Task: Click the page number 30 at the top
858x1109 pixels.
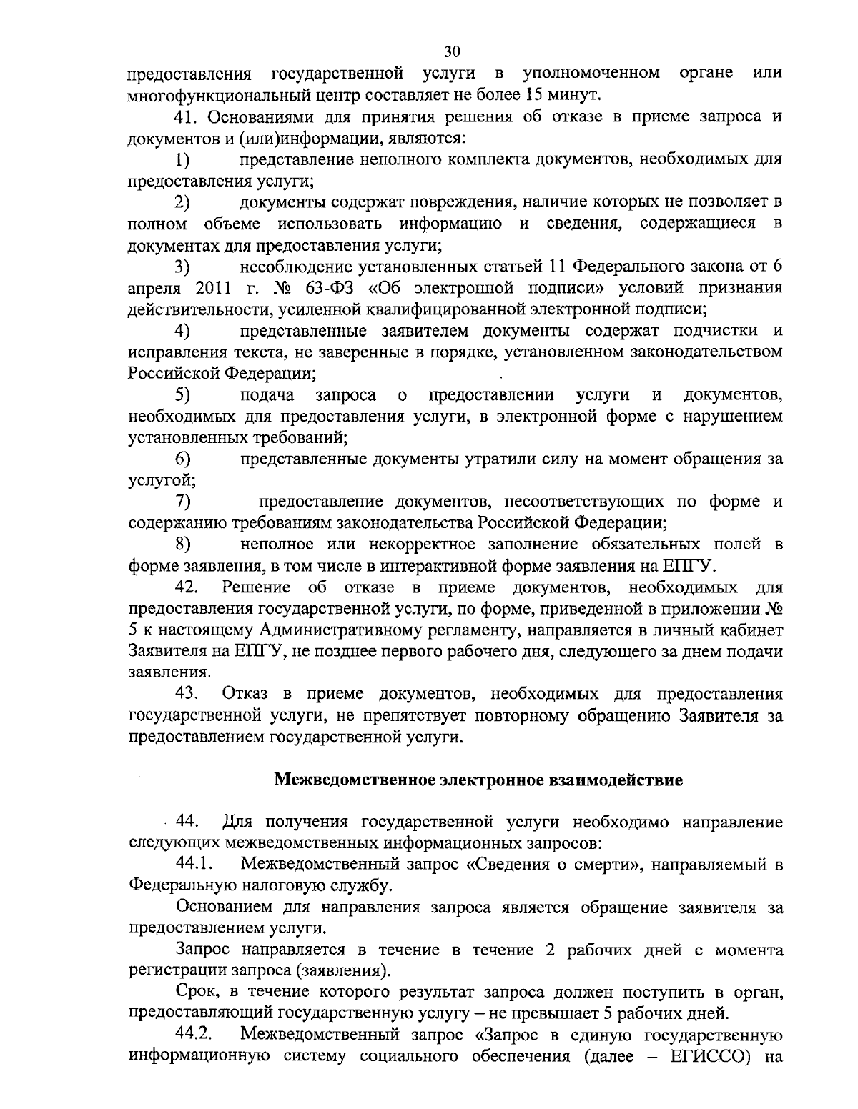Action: (452, 52)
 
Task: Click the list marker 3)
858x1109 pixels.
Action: (184, 267)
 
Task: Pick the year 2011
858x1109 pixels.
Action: (211, 288)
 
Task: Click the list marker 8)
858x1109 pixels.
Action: (184, 544)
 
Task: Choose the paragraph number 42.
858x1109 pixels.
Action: (187, 587)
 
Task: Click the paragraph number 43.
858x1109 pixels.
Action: (187, 694)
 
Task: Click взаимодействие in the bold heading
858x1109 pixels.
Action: (616, 780)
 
